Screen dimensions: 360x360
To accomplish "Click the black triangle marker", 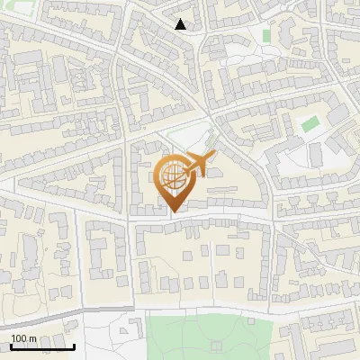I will click(181, 24).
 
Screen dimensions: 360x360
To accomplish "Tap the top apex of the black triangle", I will click(181, 19).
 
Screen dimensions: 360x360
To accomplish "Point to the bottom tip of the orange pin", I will click(172, 211).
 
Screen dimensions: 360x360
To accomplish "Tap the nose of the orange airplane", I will click(215, 155).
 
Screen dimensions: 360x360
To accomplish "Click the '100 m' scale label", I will click(23, 338).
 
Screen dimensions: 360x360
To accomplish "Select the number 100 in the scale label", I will click(19, 338).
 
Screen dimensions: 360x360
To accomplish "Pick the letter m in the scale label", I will click(32, 338).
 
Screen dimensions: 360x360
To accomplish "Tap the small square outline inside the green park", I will click(217, 344).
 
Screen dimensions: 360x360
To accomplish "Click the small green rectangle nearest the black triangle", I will click(266, 35).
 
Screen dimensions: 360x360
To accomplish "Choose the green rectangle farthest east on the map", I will click(310, 123).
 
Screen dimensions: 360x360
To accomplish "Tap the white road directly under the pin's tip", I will click(172, 219).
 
